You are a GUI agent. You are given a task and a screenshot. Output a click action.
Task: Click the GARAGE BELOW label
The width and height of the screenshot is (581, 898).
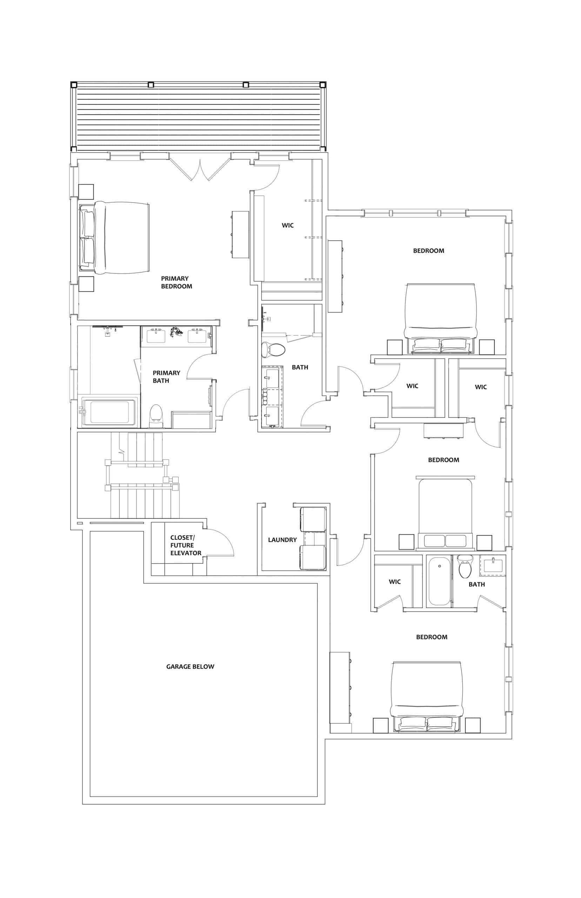[x=190, y=666]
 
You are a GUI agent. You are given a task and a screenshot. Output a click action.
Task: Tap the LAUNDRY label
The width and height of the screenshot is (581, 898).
[x=282, y=540]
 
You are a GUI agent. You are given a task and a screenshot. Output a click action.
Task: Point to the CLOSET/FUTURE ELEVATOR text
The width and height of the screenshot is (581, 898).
[x=186, y=545]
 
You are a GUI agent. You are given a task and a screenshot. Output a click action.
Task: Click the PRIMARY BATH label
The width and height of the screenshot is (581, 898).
[x=166, y=376]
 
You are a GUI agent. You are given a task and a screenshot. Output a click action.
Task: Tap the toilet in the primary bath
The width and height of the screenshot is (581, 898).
[x=155, y=416]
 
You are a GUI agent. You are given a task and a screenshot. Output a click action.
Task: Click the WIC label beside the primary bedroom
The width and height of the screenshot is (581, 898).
[x=287, y=225]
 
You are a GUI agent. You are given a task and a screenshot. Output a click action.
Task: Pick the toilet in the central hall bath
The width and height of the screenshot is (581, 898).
[x=273, y=349]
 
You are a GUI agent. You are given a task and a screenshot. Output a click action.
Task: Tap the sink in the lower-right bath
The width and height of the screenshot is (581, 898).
[x=493, y=565]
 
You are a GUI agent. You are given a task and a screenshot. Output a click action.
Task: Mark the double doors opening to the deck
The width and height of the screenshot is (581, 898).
[x=200, y=166]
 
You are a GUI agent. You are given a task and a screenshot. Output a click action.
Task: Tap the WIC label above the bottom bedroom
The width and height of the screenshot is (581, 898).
[x=395, y=582]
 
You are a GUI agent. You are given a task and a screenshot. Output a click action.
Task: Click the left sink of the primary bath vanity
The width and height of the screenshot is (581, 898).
[x=156, y=336]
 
